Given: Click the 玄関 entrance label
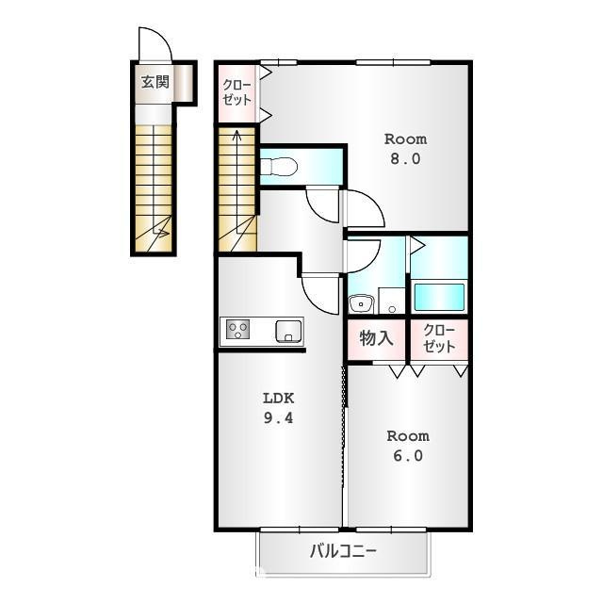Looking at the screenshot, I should pos(155,83).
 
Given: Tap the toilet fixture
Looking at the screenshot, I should pos(279,168).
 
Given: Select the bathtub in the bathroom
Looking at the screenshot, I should pos(438,296).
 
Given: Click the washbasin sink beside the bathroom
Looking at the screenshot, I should pos(360,303).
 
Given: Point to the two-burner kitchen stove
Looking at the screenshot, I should pos(238,331).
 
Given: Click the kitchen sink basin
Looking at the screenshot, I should pos(288,331).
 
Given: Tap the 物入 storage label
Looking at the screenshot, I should pos(376,337).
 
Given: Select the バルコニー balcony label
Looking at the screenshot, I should pos(344,550).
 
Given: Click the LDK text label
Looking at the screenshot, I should pos(278,398).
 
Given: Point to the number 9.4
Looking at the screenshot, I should pos(278,418).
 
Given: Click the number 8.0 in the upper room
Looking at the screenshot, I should pos(406,158).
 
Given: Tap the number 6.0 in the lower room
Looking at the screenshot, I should pos(407,456).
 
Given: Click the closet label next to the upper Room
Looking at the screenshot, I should pos(236,91).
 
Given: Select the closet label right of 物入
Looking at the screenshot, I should pos(439,337).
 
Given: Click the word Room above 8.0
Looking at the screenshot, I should pos(406,138).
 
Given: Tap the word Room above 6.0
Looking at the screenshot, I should pos(407,436).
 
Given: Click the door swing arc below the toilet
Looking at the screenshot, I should pos(324,205).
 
